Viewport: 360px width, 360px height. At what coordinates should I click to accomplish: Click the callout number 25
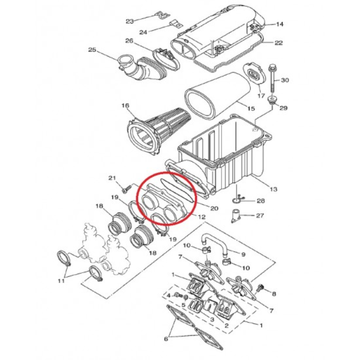coord(92,50)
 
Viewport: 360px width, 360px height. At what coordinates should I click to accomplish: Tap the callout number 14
coord(279,24)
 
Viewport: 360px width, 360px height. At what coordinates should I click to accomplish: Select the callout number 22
coord(279,43)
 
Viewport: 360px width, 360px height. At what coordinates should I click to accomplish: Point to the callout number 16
coord(126,106)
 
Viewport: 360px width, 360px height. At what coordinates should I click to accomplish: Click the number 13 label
coord(273,189)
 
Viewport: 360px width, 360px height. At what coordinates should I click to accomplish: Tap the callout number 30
coord(285,80)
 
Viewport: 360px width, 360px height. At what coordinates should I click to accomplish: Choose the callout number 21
coord(112,178)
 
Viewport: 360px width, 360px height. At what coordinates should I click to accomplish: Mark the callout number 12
coord(202,217)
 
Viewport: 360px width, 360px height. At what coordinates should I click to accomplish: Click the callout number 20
coord(214,208)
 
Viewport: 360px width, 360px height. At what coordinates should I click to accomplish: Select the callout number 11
coord(61,280)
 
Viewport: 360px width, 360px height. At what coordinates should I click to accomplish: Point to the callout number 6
coord(166,339)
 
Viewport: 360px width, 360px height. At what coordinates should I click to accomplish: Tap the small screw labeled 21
coord(126,189)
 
